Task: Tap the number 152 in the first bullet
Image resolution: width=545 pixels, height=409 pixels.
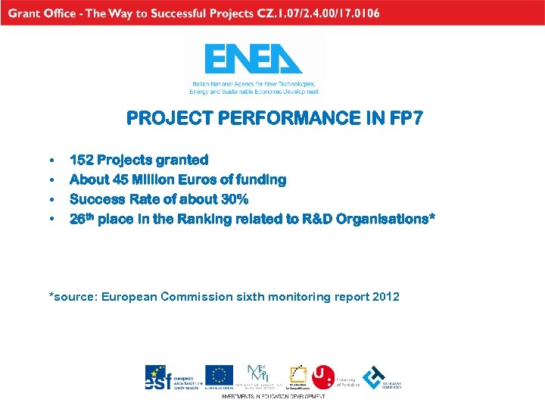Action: [81, 160]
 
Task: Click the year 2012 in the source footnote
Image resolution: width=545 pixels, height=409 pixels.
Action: [386, 296]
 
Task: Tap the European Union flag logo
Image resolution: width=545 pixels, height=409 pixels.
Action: [220, 376]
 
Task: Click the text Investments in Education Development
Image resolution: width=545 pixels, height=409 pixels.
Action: [272, 396]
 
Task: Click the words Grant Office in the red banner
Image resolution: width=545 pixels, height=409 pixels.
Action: [41, 13]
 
